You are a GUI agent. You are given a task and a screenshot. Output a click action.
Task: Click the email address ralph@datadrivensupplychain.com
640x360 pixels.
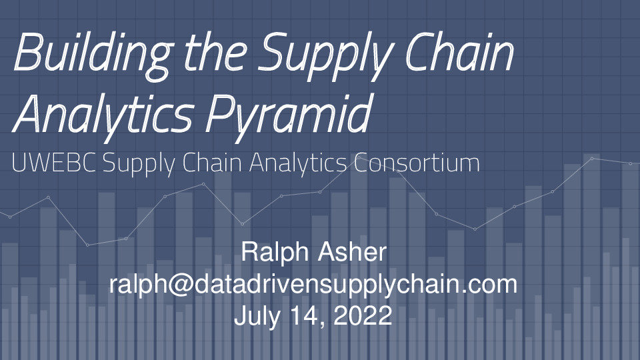pyautogui.click(x=313, y=285)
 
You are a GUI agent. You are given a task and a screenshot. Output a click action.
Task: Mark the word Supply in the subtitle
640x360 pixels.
pyautogui.click(x=143, y=163)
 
